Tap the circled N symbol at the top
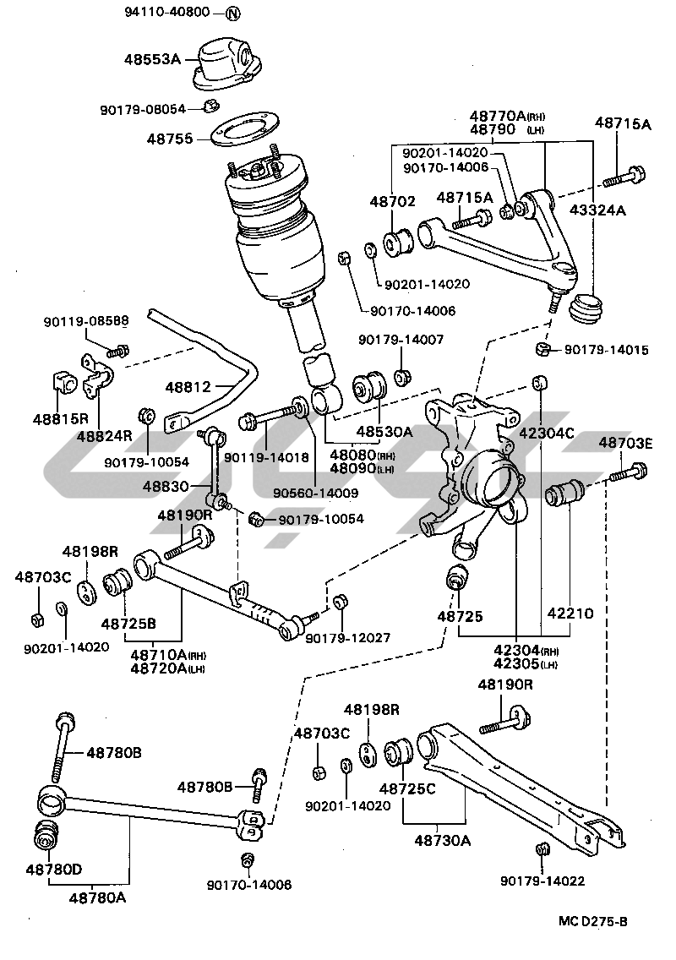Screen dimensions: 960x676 tap(233, 14)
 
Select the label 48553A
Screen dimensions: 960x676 tap(154, 60)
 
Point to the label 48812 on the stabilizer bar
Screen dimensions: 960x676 tap(188, 387)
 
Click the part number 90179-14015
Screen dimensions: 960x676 tap(606, 349)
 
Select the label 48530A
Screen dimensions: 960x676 tap(384, 432)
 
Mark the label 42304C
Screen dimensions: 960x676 tap(546, 434)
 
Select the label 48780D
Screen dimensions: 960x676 tap(53, 868)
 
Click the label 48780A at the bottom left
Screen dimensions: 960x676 tap(97, 897)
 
